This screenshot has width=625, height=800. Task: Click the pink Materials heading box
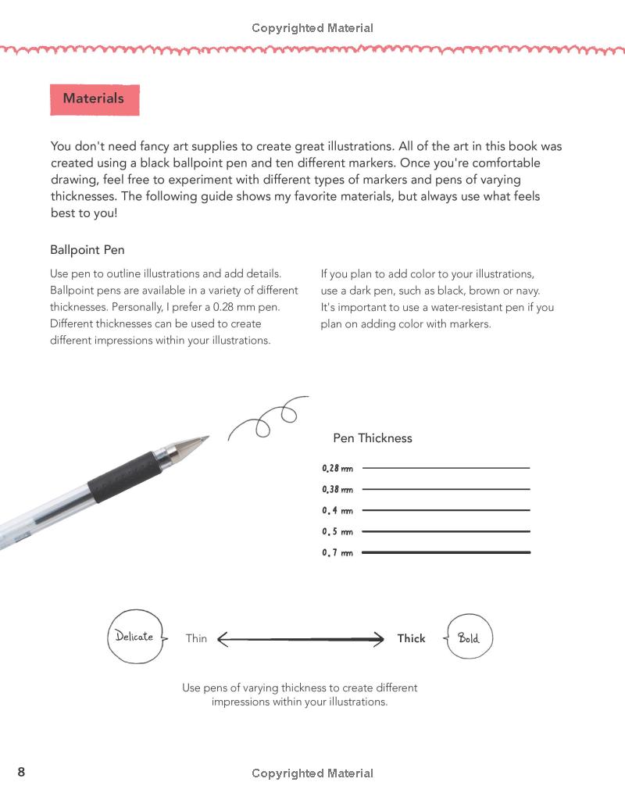click(95, 99)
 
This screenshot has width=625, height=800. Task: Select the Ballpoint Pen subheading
click(87, 250)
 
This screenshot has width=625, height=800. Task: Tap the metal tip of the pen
click(191, 445)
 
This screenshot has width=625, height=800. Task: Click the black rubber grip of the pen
click(125, 476)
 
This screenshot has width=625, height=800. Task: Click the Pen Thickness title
click(372, 438)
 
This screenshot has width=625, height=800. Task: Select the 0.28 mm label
click(337, 469)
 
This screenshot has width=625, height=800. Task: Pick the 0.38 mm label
click(337, 490)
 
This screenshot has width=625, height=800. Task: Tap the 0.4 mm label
click(337, 511)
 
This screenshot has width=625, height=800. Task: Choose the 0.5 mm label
click(337, 532)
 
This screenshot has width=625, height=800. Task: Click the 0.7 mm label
click(337, 553)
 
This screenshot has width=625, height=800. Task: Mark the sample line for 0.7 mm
click(446, 552)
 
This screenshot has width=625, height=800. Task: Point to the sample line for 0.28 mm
click(446, 468)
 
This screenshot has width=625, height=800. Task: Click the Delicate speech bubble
click(135, 637)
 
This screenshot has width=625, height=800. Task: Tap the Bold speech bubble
click(469, 638)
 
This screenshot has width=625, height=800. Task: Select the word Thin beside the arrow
click(196, 639)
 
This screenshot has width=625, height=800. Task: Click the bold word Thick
click(411, 638)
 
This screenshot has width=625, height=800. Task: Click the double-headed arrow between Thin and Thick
click(301, 640)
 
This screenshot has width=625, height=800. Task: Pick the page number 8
click(21, 773)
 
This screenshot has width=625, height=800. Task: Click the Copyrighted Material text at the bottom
click(312, 773)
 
